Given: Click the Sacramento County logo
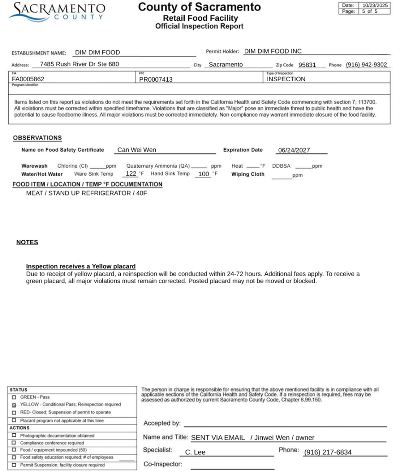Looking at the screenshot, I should tap(57, 11).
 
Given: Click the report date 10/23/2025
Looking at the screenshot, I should tap(375, 5).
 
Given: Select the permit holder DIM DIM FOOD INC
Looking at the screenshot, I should tap(273, 51).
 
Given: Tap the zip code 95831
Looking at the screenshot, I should tap(307, 65).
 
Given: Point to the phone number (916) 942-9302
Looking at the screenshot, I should tap(366, 65).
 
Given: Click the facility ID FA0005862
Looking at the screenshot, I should tap(28, 79).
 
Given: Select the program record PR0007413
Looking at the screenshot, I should tap(156, 79).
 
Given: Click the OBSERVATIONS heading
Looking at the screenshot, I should tap(37, 138).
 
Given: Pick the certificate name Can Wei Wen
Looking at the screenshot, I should tap(137, 150).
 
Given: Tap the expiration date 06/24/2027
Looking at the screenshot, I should tap(294, 150).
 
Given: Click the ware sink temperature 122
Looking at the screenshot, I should tap(131, 174).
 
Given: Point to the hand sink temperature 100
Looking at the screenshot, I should tap(204, 174).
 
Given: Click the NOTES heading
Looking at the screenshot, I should tap(27, 242).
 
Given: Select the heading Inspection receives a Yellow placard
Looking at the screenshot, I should tap(81, 266).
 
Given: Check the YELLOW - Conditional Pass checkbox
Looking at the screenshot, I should tap(14, 405).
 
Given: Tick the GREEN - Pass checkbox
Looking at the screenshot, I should tap(14, 397).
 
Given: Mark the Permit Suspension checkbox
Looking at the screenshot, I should tap(14, 465).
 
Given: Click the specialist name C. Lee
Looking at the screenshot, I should tap(195, 452).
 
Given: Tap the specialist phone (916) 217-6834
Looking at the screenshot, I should tap(328, 452).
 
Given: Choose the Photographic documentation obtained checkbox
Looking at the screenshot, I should tap(14, 436).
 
